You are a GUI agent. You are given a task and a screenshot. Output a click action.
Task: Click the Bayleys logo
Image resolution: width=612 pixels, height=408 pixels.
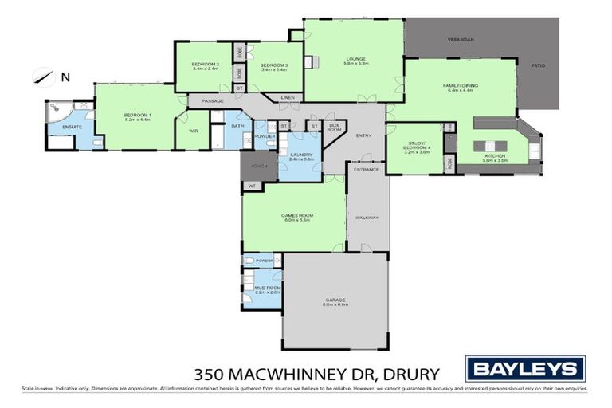[526, 368]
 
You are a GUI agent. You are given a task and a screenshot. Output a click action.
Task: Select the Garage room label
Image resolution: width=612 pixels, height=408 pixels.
[335, 302]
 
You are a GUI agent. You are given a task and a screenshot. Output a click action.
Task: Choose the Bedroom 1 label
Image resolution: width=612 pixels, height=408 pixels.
[137, 116]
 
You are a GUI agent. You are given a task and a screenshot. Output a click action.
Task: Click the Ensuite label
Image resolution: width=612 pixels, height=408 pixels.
[62, 127]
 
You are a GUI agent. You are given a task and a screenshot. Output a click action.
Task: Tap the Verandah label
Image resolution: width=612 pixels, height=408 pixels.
[461, 38]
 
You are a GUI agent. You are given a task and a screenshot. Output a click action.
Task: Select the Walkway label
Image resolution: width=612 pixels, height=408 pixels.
[367, 217]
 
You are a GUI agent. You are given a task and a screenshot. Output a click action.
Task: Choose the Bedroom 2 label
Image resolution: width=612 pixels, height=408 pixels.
[205, 65]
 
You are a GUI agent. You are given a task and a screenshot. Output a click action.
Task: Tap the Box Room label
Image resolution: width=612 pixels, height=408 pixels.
[335, 127]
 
